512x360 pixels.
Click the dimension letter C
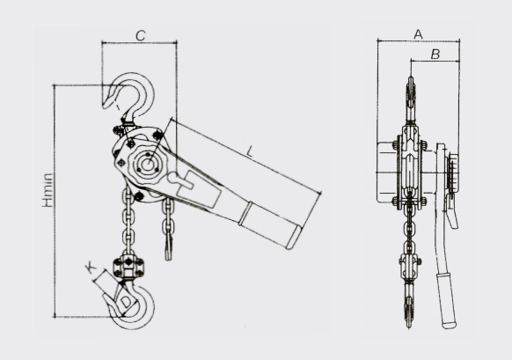(141, 35)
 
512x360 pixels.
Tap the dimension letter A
(418, 34)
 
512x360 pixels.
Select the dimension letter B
(435, 55)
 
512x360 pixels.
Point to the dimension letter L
(250, 151)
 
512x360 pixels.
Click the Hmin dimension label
(48, 190)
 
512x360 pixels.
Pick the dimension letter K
(91, 268)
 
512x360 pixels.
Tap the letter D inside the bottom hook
(126, 303)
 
